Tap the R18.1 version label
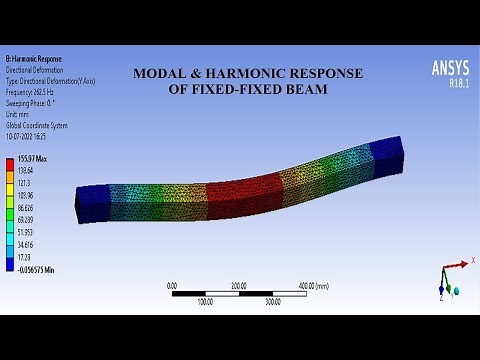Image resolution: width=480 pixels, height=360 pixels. [453, 84]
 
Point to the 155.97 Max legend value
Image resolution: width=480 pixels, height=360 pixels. [32, 160]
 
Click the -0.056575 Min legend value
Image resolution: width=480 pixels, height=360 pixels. [38, 269]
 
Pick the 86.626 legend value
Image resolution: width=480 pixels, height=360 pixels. [28, 208]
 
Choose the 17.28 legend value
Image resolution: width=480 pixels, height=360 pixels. [26, 257]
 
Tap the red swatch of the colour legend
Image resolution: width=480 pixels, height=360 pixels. [10, 166]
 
